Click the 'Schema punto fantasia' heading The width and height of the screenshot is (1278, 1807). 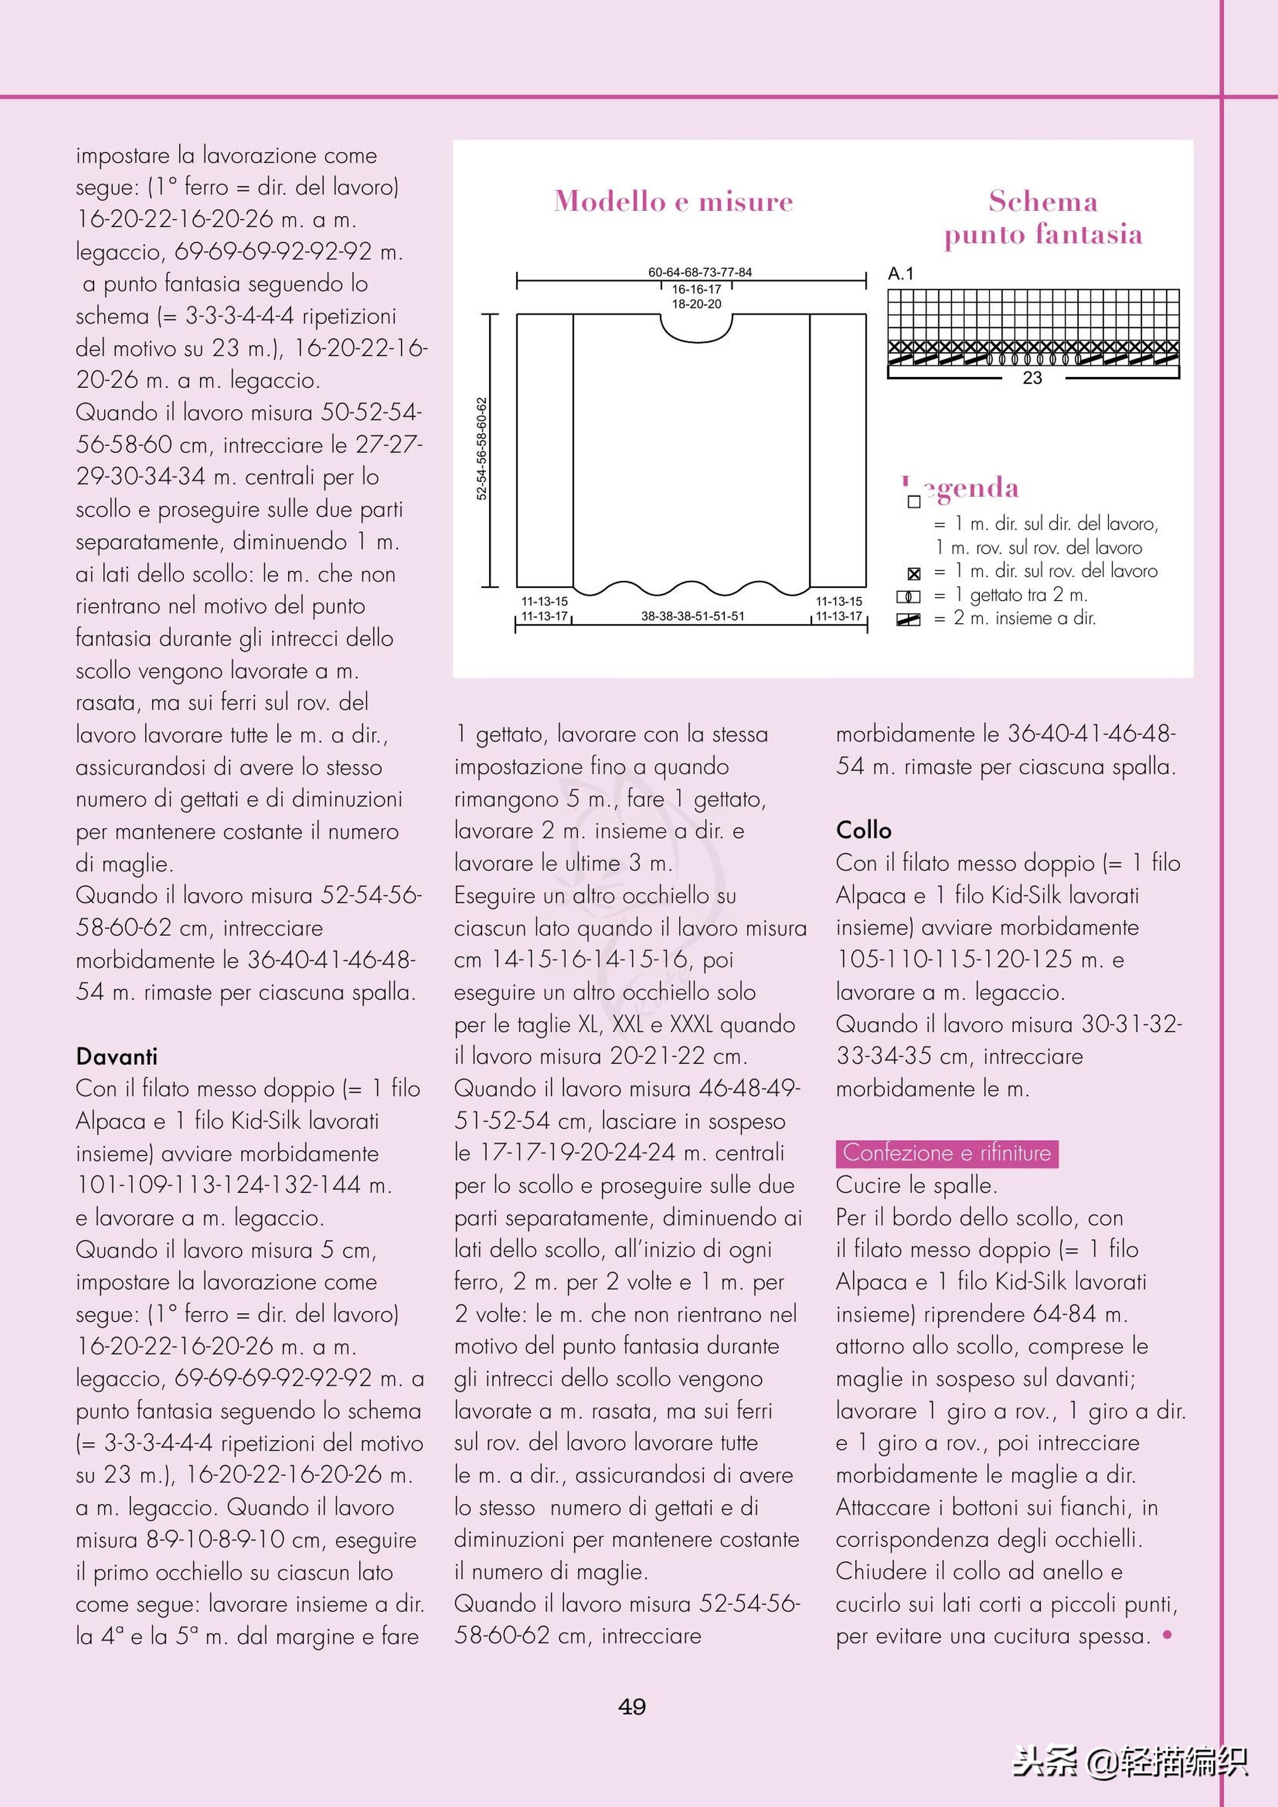pos(1043,217)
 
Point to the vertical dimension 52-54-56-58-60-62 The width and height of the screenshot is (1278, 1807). pos(482,448)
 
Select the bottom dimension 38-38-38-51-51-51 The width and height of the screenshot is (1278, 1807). pos(692,616)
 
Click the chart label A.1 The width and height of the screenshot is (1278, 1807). pos(900,274)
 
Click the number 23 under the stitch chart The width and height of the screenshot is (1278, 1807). pos(1032,379)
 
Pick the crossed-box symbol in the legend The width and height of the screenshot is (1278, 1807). pos(914,574)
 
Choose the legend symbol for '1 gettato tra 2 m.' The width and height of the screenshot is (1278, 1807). pos(908,597)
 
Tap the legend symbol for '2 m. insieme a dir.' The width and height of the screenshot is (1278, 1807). pos(908,620)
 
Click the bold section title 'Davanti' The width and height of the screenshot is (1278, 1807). pos(116,1056)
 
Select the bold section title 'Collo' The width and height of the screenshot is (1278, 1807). pos(863,830)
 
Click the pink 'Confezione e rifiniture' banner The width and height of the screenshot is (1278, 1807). pos(947,1153)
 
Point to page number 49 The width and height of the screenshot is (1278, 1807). pos(632,1707)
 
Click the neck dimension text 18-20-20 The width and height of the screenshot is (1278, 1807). pos(697,304)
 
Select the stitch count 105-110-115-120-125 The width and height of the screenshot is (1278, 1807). pos(954,960)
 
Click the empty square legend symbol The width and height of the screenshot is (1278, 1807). pos(914,501)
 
